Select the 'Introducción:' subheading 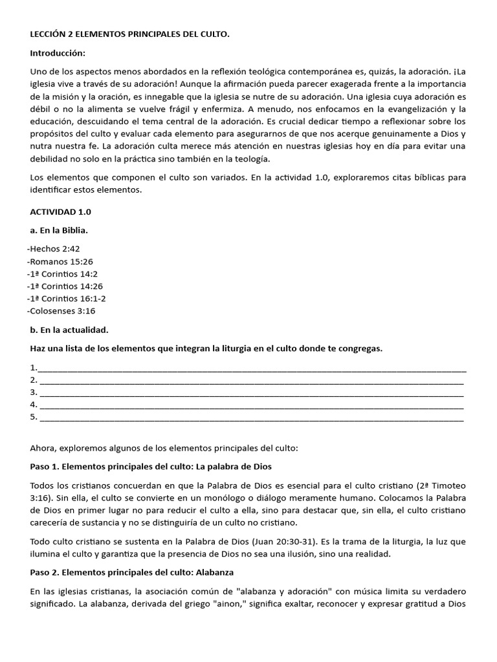[x=58, y=52]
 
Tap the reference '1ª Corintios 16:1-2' [x=67, y=298]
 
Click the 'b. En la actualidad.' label [x=69, y=330]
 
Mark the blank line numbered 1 [x=252, y=368]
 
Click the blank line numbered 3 [x=252, y=393]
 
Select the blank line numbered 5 [x=252, y=418]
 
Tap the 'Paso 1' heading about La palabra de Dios [x=151, y=466]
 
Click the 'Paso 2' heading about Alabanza [x=132, y=572]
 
